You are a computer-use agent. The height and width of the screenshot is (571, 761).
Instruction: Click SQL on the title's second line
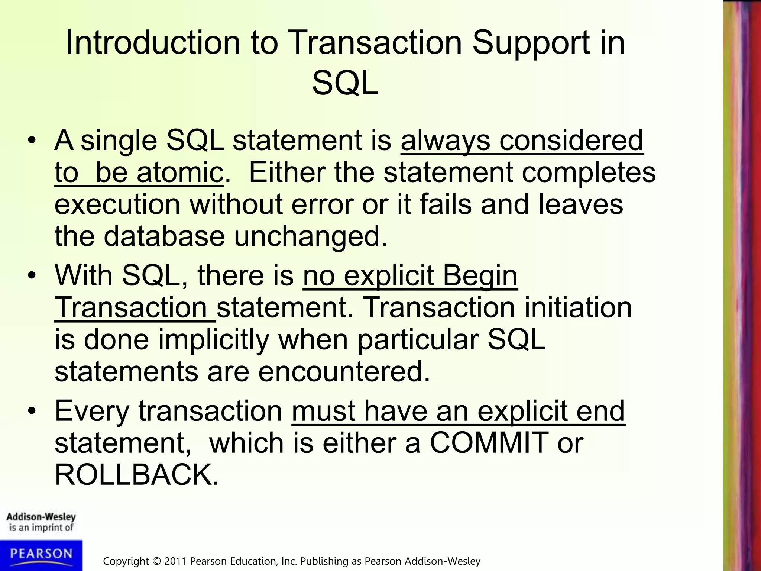[345, 84]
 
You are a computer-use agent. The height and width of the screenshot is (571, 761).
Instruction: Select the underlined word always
[445, 141]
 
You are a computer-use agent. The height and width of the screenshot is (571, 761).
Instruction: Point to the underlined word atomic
[180, 172]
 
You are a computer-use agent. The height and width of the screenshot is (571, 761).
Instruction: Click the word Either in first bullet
[286, 172]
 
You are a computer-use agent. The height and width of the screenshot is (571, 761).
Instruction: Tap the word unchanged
[310, 236]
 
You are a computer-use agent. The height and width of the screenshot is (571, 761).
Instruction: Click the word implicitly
[213, 340]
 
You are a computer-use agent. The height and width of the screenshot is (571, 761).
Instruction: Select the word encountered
[344, 371]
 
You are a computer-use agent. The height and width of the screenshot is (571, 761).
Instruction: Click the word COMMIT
[489, 443]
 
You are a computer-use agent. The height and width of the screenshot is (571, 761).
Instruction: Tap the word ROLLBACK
[136, 475]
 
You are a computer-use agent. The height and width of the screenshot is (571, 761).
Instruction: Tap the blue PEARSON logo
[41, 555]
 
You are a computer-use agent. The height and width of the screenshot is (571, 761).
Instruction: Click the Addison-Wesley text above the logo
[41, 517]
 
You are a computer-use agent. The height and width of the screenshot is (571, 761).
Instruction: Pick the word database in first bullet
[164, 236]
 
